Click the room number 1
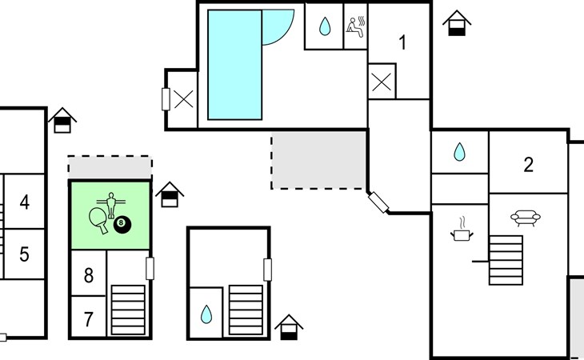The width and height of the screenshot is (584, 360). pyautogui.click(x=402, y=42)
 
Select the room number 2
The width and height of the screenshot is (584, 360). pyautogui.click(x=528, y=165)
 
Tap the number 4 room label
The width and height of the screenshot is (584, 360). pyautogui.click(x=25, y=202)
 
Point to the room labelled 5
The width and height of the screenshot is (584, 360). pyautogui.click(x=24, y=254)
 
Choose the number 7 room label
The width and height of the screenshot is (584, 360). pyautogui.click(x=88, y=319)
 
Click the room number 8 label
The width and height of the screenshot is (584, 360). pyautogui.click(x=89, y=275)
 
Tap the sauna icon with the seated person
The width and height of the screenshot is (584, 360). pyautogui.click(x=356, y=26)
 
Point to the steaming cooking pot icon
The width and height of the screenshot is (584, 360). pyautogui.click(x=462, y=230)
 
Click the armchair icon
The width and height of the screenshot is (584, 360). pyautogui.click(x=525, y=218)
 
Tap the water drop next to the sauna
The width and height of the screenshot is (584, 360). pyautogui.click(x=325, y=26)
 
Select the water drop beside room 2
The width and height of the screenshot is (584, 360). pyautogui.click(x=460, y=152)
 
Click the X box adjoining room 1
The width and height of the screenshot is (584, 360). pyautogui.click(x=382, y=81)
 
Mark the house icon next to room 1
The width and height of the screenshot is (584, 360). pyautogui.click(x=457, y=23)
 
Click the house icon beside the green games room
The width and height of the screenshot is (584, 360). pyautogui.click(x=170, y=194)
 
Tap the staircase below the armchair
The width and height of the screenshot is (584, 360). pyautogui.click(x=506, y=260)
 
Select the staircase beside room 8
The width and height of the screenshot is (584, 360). pyautogui.click(x=128, y=310)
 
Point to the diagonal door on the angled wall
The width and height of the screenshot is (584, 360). pyautogui.click(x=378, y=202)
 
